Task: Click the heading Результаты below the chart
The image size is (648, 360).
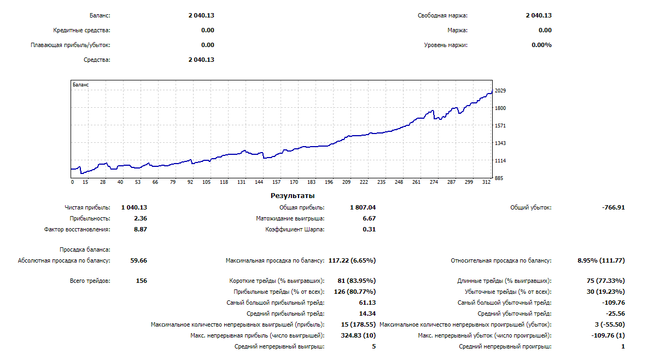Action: [x=293, y=195]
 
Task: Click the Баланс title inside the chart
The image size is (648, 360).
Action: [x=81, y=85]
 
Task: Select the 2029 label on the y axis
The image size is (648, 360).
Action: [x=500, y=91]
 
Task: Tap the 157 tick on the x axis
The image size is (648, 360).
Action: [x=276, y=182]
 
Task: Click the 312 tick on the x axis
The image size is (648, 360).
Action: [x=487, y=182]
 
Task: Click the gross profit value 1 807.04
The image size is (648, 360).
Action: [x=363, y=207]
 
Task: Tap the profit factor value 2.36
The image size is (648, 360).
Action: [x=140, y=218]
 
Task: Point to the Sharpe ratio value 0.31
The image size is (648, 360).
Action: [x=369, y=229]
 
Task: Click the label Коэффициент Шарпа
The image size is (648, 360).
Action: [x=295, y=229]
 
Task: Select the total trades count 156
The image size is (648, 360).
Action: [x=141, y=281]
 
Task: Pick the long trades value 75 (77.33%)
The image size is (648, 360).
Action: [x=605, y=281]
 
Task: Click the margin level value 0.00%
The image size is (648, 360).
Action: [x=541, y=45]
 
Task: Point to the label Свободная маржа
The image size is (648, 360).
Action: [x=442, y=16]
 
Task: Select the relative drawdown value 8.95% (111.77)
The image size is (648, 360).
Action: [x=601, y=260]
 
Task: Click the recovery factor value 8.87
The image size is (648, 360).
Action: [x=140, y=229]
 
